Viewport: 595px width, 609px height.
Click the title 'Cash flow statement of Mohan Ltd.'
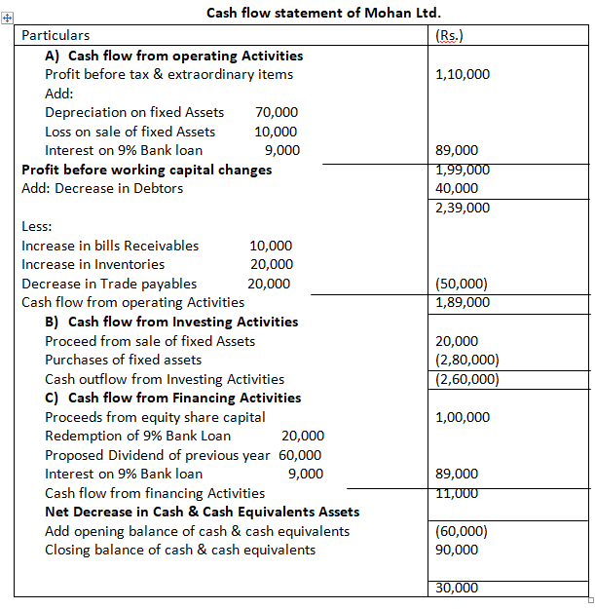(x=304, y=14)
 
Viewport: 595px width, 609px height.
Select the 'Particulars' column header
(x=56, y=35)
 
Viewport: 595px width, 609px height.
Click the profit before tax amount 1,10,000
(x=465, y=74)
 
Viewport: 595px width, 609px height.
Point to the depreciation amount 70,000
(x=277, y=112)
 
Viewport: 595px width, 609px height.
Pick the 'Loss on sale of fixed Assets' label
(x=130, y=132)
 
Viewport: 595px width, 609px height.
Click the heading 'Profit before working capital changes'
(x=147, y=170)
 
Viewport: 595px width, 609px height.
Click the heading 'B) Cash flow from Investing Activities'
(x=171, y=322)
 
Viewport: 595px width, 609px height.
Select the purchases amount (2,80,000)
(x=468, y=360)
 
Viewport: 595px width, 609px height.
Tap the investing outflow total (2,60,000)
(x=468, y=379)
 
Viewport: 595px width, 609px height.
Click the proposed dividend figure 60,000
(x=300, y=455)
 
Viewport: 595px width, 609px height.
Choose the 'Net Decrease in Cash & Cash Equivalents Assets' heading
(x=203, y=512)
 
